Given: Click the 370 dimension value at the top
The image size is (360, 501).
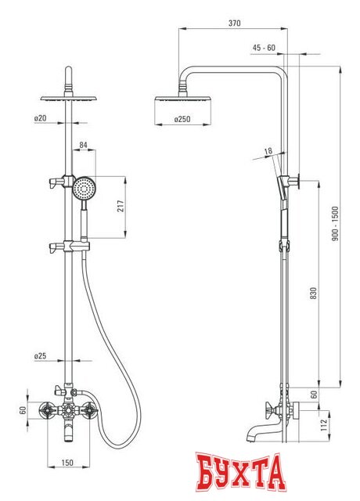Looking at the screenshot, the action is click(x=234, y=23).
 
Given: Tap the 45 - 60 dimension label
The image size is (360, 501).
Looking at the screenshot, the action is click(x=264, y=48).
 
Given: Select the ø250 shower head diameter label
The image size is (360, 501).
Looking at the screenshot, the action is click(x=182, y=119).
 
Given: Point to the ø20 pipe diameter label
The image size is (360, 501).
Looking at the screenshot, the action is click(x=40, y=118).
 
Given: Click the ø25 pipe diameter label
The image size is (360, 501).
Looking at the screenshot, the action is click(x=40, y=355).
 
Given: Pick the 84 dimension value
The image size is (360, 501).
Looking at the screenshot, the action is click(x=83, y=145).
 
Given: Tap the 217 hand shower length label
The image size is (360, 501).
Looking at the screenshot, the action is click(x=120, y=207).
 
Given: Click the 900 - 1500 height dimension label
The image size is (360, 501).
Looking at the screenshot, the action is click(x=335, y=223).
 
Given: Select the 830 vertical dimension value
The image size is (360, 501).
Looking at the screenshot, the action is click(x=314, y=293).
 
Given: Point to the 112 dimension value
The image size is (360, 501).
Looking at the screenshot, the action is click(x=324, y=425).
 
